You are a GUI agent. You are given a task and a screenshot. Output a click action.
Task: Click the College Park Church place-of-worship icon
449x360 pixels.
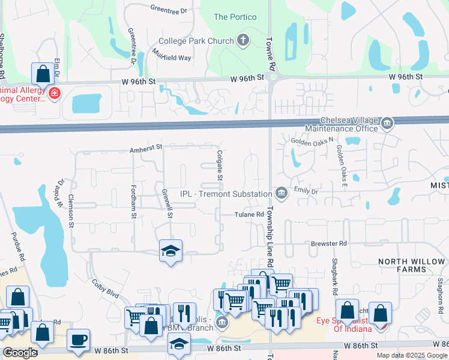click(x=243, y=41)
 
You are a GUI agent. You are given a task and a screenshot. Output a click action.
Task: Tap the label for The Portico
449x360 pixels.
click(x=235, y=17)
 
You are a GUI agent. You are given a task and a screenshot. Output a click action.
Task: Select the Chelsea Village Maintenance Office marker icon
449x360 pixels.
click(x=387, y=125)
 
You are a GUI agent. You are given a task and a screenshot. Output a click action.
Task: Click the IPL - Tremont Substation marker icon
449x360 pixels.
click(x=281, y=193)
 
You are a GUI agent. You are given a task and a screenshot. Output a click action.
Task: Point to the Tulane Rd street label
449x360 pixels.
click(x=249, y=214)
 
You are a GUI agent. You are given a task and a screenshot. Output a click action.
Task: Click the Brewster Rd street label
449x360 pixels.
click(x=329, y=244)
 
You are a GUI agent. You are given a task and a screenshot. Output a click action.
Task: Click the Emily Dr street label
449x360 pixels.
click(x=306, y=191)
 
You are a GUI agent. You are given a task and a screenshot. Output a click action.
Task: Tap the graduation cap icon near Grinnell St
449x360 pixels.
click(x=171, y=251)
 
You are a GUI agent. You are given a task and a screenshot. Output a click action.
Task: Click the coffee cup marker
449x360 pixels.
click(x=78, y=340)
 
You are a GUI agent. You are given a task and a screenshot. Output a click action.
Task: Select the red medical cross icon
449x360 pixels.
click(x=55, y=94)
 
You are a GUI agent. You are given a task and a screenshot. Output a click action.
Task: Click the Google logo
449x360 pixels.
click(x=20, y=352)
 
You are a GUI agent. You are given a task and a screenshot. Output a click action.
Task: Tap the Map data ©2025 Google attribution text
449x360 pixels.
click(x=411, y=355)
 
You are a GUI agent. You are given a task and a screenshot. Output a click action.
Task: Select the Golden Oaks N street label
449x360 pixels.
click(x=311, y=141)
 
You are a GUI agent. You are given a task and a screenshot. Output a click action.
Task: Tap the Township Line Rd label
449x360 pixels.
click(x=270, y=237)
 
